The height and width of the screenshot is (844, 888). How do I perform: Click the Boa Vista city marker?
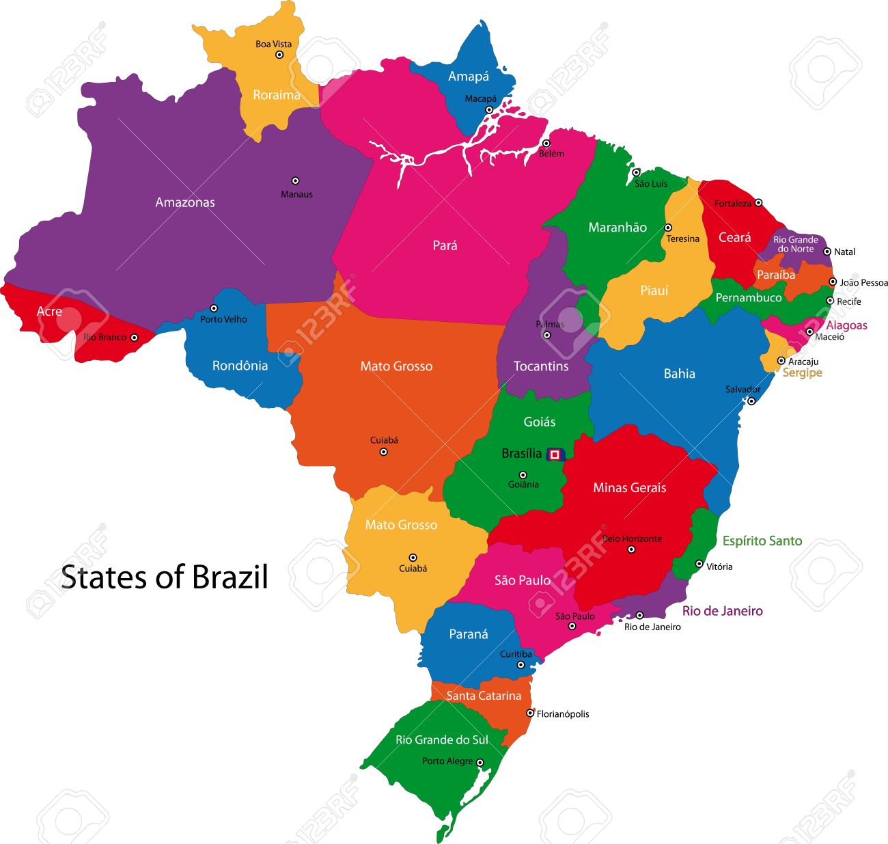279,55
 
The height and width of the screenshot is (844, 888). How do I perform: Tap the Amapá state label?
469,77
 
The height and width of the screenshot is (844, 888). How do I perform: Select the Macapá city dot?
489,109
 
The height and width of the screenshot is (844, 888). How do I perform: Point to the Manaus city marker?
295,181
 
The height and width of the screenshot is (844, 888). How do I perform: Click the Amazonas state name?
185,202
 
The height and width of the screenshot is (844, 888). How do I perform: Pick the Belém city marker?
546,144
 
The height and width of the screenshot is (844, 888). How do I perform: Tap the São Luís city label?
651,184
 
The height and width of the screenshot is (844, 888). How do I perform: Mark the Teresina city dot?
668,228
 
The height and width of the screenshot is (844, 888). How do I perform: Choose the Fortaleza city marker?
758,203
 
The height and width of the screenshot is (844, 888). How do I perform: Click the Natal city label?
845,252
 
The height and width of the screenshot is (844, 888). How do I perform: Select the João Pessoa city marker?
833,282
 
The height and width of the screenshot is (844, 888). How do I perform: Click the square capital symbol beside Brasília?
555,454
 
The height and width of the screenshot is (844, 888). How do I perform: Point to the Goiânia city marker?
523,475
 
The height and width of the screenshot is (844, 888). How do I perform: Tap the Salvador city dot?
751,401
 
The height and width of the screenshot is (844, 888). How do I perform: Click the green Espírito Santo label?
762,541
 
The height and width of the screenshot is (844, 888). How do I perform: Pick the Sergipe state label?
802,373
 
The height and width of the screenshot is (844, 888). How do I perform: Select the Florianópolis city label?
563,714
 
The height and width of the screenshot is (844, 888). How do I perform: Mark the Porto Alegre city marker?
480,763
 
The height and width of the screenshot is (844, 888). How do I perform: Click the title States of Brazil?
165,577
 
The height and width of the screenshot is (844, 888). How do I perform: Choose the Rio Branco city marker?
134,338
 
